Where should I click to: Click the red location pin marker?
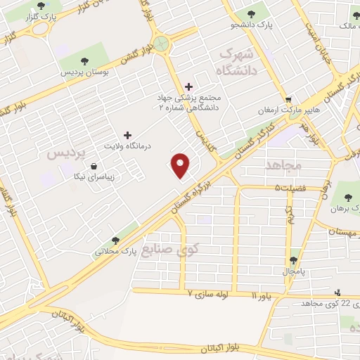(181, 165)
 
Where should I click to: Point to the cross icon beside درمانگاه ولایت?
(127, 134)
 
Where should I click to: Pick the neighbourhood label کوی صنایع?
(171, 248)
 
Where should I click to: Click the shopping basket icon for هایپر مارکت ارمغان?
(288, 99)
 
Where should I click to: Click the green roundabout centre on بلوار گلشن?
(163, 43)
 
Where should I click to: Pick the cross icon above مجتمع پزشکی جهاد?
(188, 86)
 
